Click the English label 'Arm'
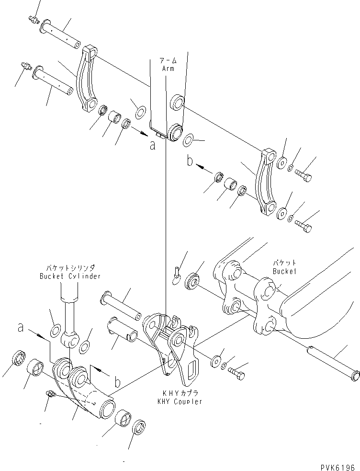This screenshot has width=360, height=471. click(x=168, y=69)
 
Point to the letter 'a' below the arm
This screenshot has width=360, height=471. click(x=152, y=145)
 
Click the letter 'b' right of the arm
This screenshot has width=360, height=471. click(x=190, y=162)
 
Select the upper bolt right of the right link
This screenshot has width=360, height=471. click(x=304, y=176)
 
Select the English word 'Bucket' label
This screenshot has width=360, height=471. click(x=284, y=271)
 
